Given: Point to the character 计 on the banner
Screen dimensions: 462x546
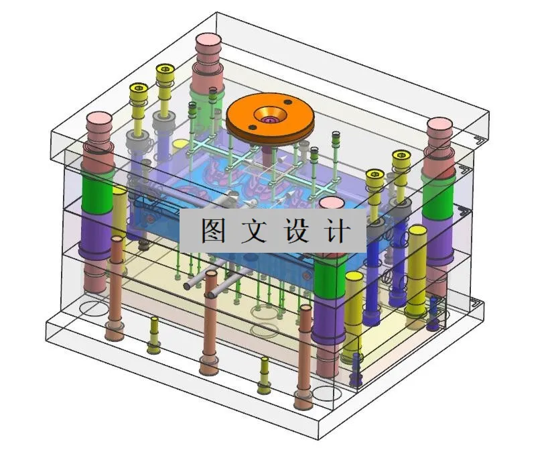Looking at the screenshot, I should (338, 231).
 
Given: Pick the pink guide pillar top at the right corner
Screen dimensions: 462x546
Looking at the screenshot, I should (441, 126).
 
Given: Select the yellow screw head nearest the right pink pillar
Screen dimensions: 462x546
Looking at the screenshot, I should (400, 158).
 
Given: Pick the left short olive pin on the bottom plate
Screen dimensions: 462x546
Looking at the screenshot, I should (154, 322).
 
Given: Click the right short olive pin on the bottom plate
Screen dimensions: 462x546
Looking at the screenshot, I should (264, 363).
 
